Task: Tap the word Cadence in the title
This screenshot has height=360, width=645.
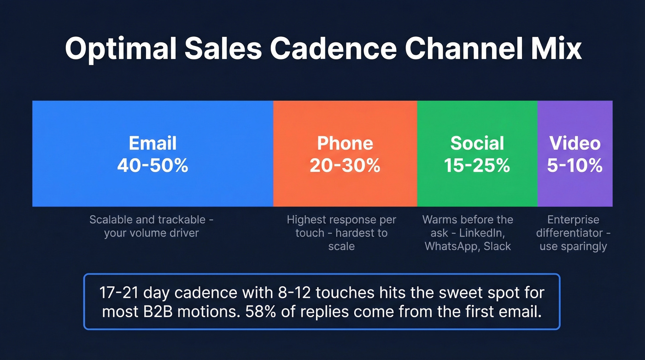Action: tap(332, 49)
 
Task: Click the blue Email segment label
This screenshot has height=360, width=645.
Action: tap(152, 143)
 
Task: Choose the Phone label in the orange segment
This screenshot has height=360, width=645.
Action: tap(345, 143)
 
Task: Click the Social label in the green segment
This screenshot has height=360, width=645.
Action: tap(477, 143)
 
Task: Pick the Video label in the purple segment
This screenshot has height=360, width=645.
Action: tap(575, 143)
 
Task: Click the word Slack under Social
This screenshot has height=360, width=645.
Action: tap(497, 246)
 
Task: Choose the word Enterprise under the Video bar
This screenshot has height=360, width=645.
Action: tap(574, 219)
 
